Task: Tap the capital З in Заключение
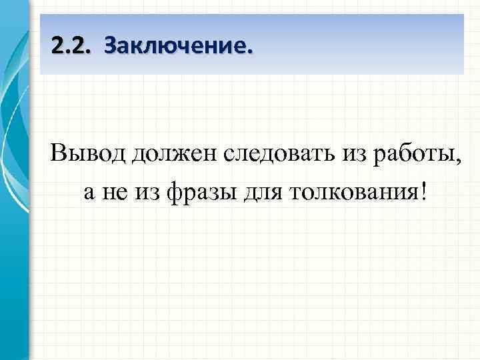click(111, 47)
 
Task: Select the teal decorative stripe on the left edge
click(15, 200)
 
